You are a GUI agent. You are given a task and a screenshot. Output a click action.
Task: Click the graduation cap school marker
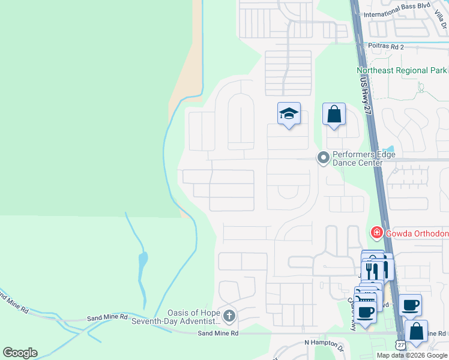(289, 113)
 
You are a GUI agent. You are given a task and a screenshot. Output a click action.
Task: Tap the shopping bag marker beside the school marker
(334, 114)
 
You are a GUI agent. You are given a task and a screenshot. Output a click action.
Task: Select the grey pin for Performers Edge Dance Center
(324, 158)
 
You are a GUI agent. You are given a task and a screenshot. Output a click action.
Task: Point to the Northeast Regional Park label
(401, 70)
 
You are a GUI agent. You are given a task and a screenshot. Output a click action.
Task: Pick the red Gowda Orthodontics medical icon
(376, 232)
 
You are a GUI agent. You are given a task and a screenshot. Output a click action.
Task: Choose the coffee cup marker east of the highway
(411, 305)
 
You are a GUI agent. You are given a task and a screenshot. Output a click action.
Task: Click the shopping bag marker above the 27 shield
(416, 331)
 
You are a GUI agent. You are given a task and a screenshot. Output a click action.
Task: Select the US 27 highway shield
(400, 344)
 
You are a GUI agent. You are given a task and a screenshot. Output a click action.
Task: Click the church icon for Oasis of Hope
(229, 316)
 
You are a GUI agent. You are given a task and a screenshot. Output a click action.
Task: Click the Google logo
(20, 353)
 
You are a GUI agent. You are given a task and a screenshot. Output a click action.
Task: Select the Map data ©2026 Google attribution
(412, 355)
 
